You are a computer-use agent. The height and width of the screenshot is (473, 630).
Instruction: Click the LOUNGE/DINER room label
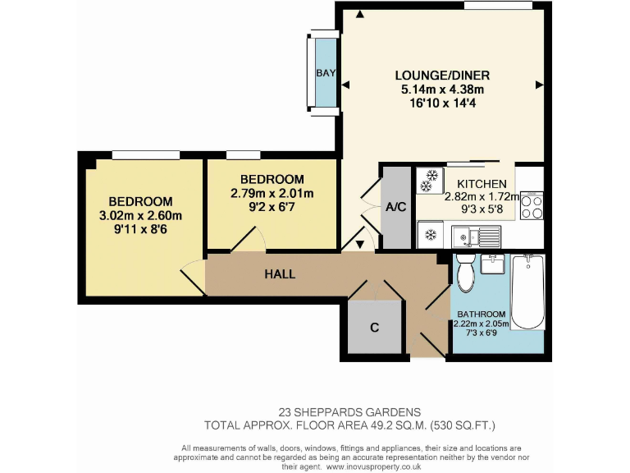point(441,76)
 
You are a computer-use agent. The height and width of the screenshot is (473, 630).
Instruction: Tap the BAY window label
point(326,73)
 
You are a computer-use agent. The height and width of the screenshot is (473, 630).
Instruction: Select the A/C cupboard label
point(396,207)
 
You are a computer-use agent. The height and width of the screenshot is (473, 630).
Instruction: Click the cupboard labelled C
point(374,328)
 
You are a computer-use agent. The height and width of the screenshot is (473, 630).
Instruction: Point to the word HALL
point(280,273)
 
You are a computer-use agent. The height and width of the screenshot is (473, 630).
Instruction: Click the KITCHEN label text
point(482,184)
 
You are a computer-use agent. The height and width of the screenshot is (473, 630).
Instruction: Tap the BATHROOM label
point(482,314)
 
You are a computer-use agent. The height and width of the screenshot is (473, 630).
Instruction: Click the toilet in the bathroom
point(465,273)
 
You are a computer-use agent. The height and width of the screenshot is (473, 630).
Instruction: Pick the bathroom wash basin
point(495,264)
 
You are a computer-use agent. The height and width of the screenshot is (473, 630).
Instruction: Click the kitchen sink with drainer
point(476,237)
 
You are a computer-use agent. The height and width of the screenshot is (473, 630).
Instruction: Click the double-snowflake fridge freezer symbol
point(427,181)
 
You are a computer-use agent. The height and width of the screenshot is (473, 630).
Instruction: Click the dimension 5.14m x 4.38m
point(441,89)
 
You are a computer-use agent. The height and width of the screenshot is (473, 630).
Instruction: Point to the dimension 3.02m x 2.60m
point(140,215)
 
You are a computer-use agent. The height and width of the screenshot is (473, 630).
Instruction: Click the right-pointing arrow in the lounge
point(539,85)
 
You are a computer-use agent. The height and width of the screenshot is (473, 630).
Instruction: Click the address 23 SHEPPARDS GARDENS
point(349,411)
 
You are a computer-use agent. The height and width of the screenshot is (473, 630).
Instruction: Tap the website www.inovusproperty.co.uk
point(374,465)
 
